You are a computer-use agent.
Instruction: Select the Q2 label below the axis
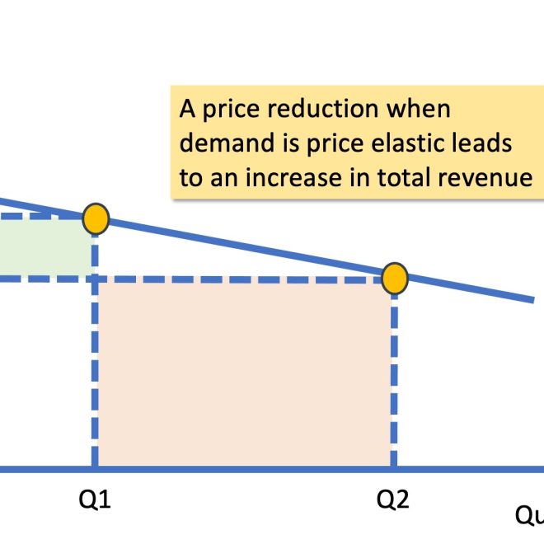(x=393, y=500)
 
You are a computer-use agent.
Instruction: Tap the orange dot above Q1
(x=96, y=218)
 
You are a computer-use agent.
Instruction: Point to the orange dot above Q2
(x=395, y=279)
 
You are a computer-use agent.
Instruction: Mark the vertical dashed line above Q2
(x=394, y=379)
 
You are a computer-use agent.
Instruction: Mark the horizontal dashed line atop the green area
(x=41, y=217)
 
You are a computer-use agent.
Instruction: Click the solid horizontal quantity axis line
(x=247, y=470)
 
